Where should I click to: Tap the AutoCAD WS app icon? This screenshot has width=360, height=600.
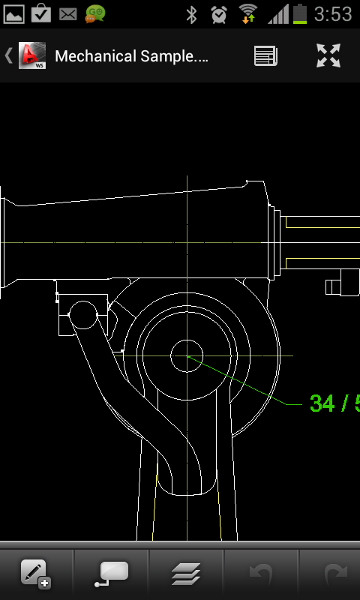(32, 55)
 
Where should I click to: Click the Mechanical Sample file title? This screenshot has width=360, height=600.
(131, 56)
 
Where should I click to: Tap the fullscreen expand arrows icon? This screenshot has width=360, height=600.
(328, 55)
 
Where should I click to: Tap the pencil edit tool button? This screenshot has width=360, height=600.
(36, 574)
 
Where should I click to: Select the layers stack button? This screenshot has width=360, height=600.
(186, 574)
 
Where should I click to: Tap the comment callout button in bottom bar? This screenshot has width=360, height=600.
(111, 574)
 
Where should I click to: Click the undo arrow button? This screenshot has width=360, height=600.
(261, 574)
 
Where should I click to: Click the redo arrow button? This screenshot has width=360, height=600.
(336, 574)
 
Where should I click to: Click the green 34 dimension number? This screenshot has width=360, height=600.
(322, 403)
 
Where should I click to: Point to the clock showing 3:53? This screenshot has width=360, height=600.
(333, 14)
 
